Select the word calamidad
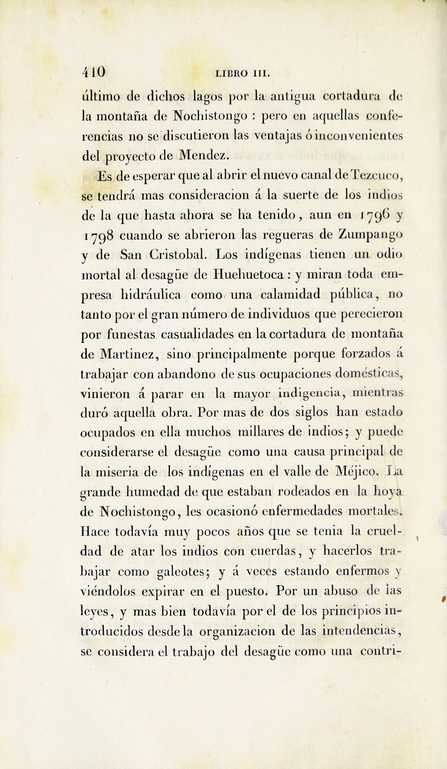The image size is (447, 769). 290,295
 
